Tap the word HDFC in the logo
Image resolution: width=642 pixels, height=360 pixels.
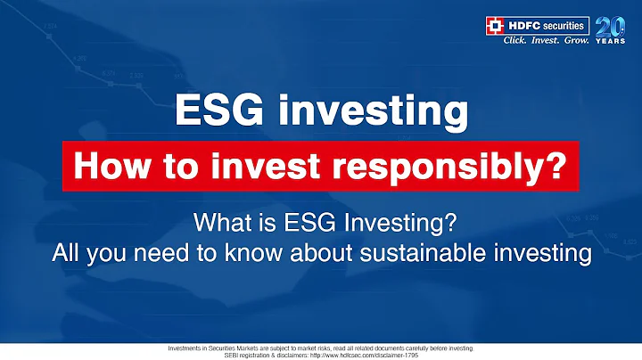tap(524, 24)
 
